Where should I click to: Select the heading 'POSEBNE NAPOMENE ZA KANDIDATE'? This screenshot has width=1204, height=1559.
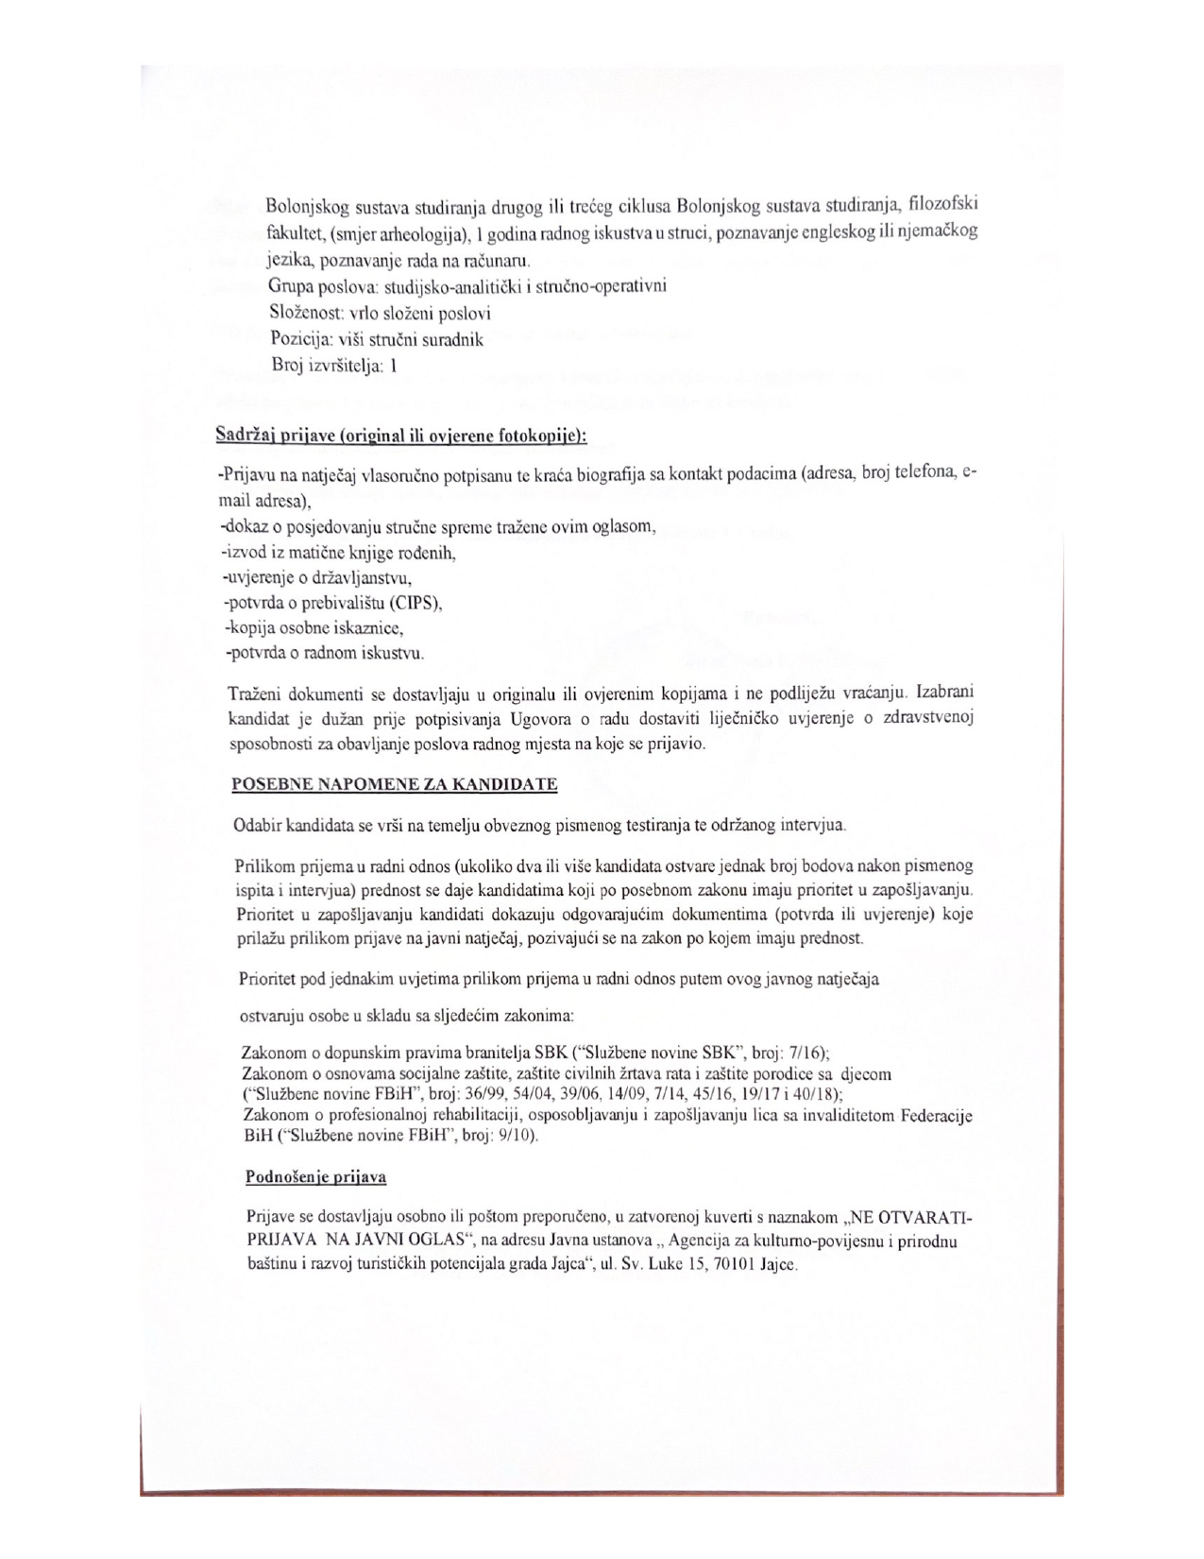pyautogui.click(x=395, y=784)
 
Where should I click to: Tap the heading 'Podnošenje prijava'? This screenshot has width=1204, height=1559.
pyautogui.click(x=315, y=1177)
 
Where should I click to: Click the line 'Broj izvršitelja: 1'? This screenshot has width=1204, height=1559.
pyautogui.click(x=332, y=367)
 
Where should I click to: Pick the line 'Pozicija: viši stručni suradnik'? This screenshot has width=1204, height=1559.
pyautogui.click(x=377, y=340)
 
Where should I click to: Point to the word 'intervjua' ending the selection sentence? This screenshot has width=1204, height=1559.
pyautogui.click(x=812, y=826)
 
